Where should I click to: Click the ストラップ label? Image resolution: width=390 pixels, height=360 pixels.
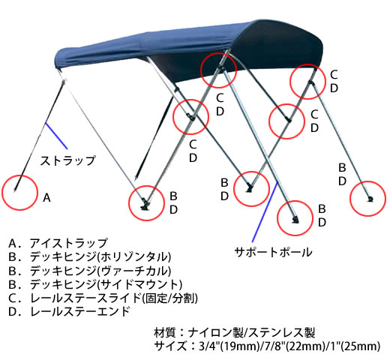(x=67, y=160)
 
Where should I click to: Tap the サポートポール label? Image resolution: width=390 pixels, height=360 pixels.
(x=273, y=252)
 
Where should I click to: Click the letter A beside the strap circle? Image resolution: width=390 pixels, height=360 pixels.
(x=46, y=198)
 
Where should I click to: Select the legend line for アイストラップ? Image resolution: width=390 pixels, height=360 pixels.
(x=58, y=243)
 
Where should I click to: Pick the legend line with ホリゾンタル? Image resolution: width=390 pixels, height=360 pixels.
(x=90, y=256)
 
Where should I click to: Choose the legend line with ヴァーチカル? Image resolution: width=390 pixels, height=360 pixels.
(x=90, y=271)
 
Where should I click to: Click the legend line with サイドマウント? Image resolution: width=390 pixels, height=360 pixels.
(x=95, y=284)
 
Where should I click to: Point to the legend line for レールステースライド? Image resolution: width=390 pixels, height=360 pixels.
(x=103, y=298)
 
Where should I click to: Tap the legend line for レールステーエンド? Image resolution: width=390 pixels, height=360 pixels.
(x=69, y=311)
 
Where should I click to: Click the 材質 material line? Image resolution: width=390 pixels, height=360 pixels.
(x=234, y=333)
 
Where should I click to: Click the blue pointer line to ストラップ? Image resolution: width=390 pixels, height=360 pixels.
(x=56, y=136)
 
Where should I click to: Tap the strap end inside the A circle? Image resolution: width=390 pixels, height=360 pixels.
(x=16, y=190)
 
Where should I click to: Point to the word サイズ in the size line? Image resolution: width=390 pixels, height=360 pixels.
(x=170, y=346)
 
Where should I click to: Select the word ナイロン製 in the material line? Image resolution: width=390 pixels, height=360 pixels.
(x=215, y=333)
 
